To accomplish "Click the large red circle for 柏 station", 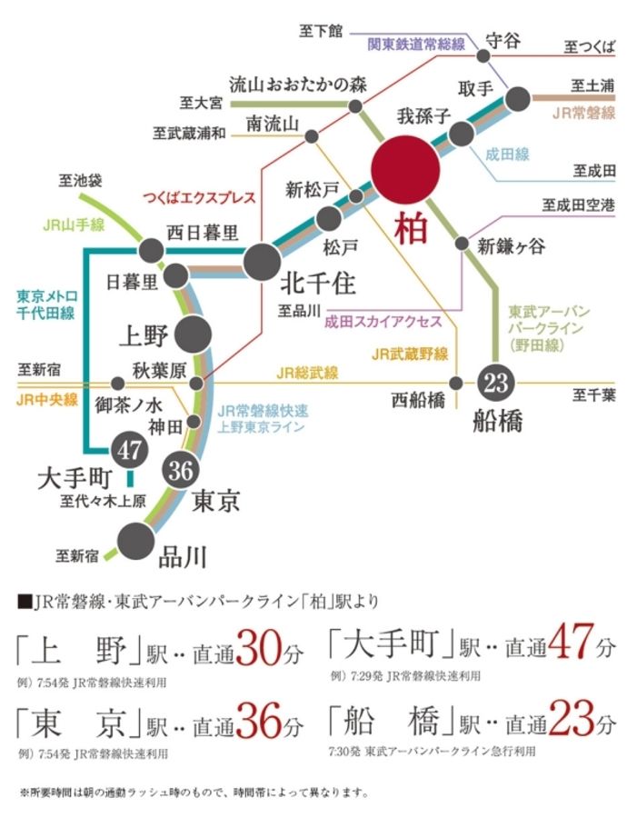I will tap(405, 170).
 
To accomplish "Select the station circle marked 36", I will tap(178, 470).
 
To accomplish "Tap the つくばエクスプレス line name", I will tap(198, 197).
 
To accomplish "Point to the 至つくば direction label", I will tap(589, 45).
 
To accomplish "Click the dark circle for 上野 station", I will tap(193, 334).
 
